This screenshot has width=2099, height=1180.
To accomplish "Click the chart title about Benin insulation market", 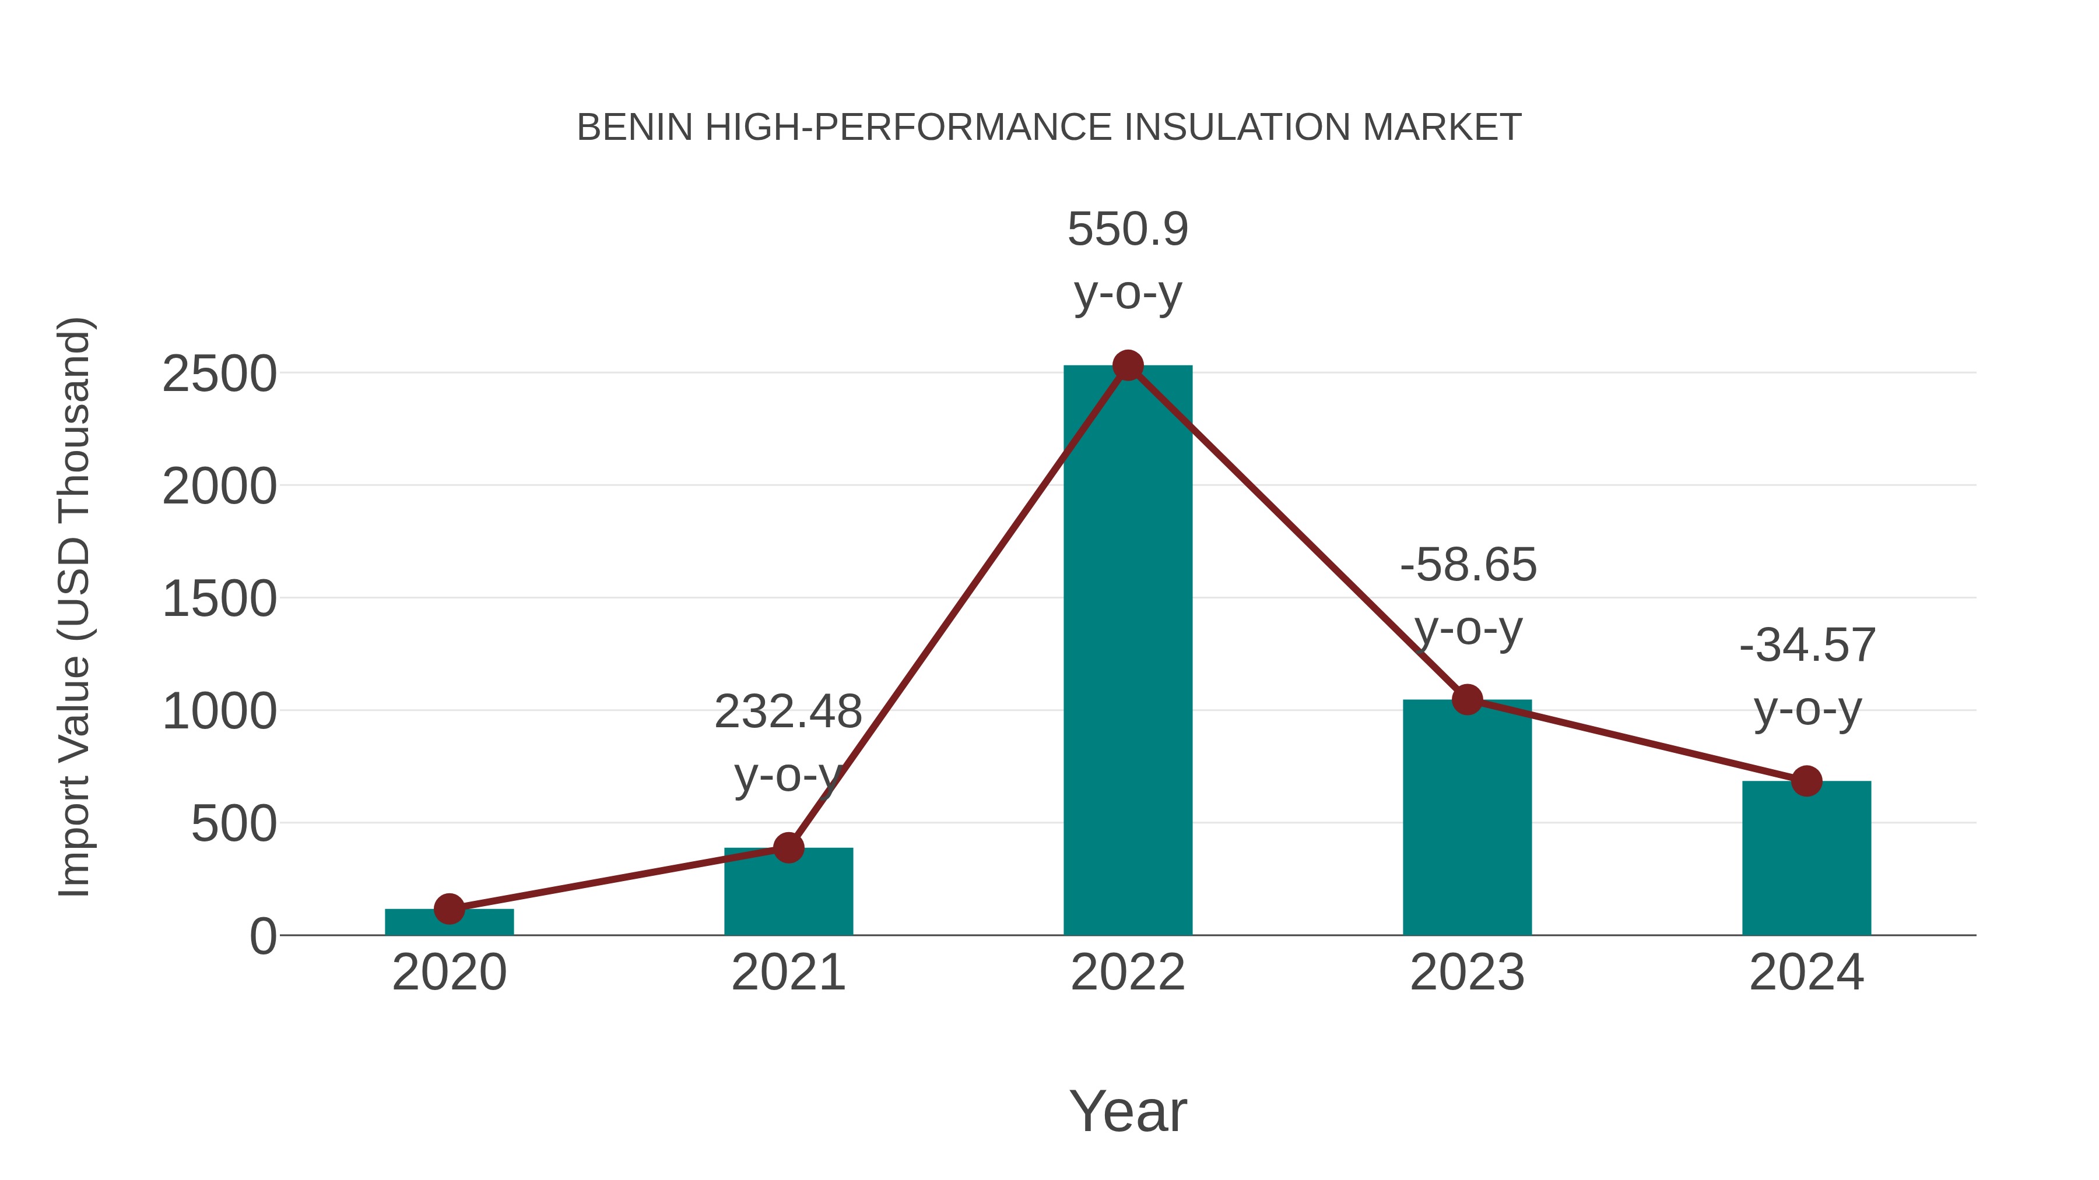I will (x=1049, y=127).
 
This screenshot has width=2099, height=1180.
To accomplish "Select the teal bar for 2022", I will (x=1128, y=651).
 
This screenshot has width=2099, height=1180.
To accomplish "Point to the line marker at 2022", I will (x=1128, y=365).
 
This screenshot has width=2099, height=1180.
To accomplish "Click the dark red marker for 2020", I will (x=449, y=909).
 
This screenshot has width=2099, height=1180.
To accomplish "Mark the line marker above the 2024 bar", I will (x=1806, y=781).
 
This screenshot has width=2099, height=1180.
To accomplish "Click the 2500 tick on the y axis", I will (x=219, y=375).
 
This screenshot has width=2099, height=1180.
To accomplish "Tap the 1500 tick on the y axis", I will (x=219, y=600).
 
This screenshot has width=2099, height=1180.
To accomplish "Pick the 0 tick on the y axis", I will (x=263, y=936).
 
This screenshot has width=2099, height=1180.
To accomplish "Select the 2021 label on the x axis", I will (x=788, y=973).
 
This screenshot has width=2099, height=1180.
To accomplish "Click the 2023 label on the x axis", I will (x=1467, y=973).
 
